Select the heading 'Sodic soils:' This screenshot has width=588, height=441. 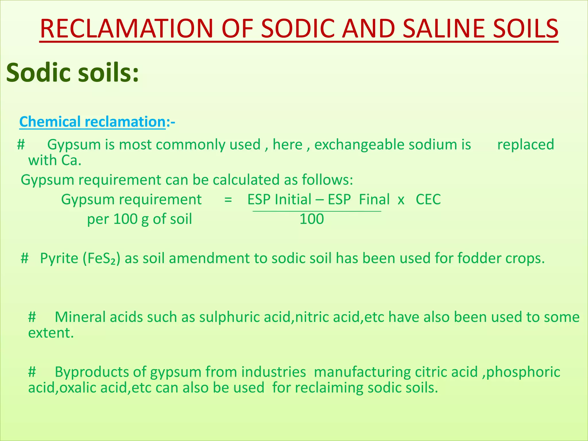coord(72,72)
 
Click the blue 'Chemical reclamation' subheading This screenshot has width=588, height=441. coord(92,122)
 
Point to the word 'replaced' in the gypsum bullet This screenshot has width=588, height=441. coord(525,144)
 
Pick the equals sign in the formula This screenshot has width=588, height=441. coord(228,200)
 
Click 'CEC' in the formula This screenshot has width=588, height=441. coord(428,200)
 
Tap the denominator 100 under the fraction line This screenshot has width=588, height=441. coord(312,219)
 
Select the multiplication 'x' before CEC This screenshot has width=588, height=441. coord(401,200)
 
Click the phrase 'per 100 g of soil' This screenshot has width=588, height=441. coord(140,219)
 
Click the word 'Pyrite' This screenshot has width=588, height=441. coord(59,258)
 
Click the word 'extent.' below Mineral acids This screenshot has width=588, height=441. coord(51,333)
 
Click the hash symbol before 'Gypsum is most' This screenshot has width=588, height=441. coord(21,144)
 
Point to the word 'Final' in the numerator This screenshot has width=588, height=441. coord(374,200)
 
